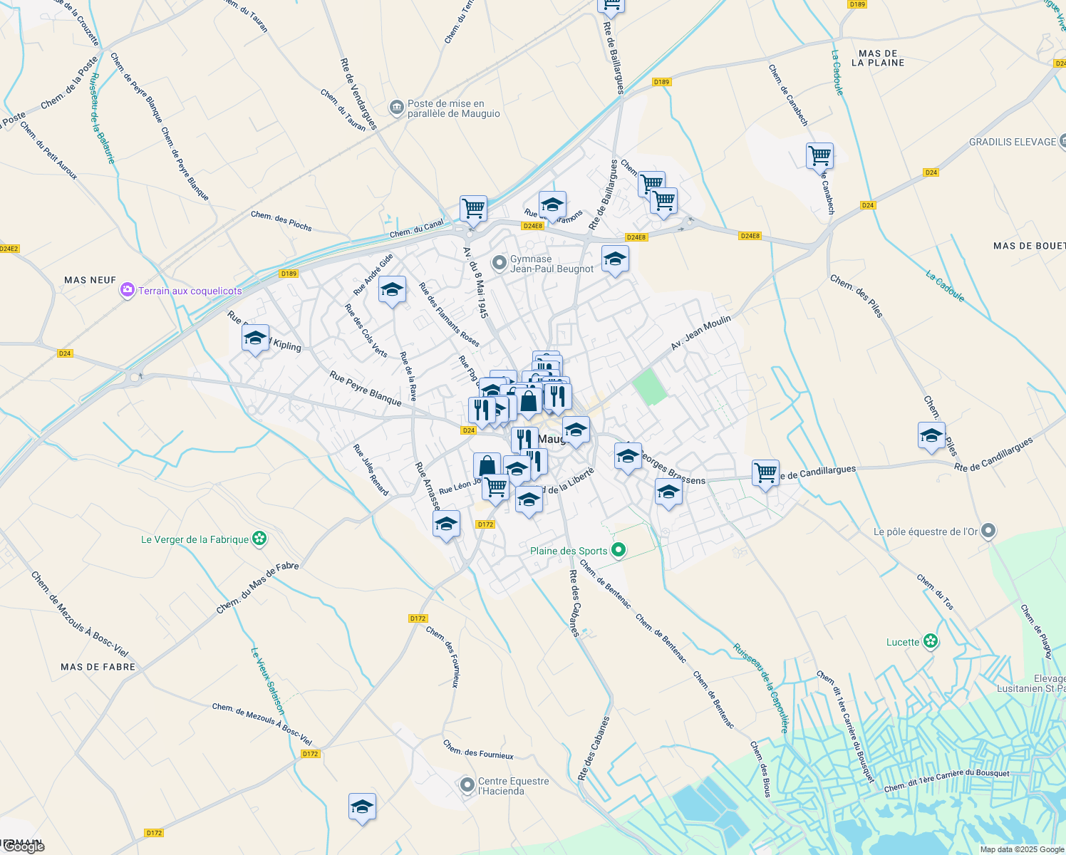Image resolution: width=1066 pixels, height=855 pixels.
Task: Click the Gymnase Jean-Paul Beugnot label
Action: click(552, 264)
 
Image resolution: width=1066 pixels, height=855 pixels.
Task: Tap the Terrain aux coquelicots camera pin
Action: click(128, 290)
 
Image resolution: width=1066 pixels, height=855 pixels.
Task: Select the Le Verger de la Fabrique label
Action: click(195, 539)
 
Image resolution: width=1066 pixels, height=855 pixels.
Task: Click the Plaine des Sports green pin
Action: click(619, 550)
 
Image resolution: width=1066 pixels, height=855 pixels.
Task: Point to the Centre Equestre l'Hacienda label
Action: click(513, 786)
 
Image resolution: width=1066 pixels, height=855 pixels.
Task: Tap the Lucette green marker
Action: click(931, 641)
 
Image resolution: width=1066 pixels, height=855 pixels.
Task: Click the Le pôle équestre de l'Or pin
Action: click(988, 531)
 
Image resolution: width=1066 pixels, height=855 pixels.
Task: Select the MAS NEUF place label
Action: click(90, 280)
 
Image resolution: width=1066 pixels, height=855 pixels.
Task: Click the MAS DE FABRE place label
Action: click(98, 667)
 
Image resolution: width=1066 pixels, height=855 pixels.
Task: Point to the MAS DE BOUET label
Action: click(1029, 246)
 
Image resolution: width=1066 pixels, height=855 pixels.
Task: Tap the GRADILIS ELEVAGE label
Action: click(1012, 142)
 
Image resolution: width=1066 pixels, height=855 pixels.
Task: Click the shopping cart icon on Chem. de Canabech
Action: click(819, 155)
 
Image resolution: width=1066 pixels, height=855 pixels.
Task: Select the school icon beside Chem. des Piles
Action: click(931, 435)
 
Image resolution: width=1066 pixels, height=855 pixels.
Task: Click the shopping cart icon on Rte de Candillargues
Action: click(765, 472)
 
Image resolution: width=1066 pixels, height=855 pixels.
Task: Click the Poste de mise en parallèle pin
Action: click(397, 108)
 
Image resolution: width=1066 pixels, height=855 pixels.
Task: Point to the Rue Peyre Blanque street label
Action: click(366, 388)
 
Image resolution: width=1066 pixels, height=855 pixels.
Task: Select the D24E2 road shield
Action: click(9, 249)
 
